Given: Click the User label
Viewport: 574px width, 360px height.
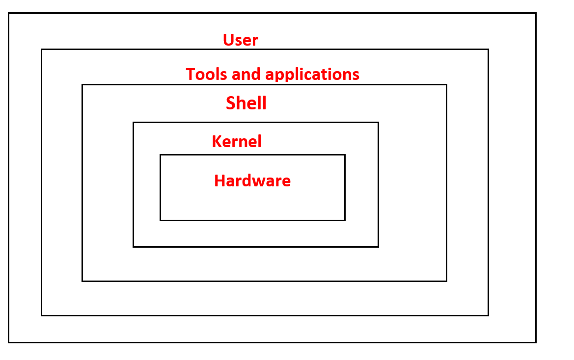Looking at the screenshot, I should tap(240, 40).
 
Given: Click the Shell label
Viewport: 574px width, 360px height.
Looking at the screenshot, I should tap(246, 103).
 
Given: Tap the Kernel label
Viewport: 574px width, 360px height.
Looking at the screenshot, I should tap(236, 141).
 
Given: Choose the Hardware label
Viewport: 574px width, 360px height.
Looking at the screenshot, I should tap(252, 180).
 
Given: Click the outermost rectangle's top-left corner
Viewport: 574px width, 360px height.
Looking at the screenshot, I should tap(9, 14).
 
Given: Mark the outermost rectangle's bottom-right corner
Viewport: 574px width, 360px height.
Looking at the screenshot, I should tap(535, 342).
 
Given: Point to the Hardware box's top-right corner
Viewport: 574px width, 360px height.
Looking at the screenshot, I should tap(345, 155).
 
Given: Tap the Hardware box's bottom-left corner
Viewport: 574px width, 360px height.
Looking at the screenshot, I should tap(161, 220).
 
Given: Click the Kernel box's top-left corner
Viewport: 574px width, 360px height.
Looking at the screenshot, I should tap(134, 123).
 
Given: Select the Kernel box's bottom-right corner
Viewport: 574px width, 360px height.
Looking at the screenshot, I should tap(378, 246).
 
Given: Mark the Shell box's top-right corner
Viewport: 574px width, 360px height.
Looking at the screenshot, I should tap(446, 85).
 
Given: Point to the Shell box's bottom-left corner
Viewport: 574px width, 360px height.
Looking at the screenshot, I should tap(82, 281).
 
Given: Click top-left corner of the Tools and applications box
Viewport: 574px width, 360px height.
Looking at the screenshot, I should tap(42, 50).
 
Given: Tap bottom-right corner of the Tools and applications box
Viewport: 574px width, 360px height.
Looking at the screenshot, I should tap(488, 315).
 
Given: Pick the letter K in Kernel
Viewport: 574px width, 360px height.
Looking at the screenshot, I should tap(217, 141).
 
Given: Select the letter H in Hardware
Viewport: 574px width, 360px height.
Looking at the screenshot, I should tap(219, 180).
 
